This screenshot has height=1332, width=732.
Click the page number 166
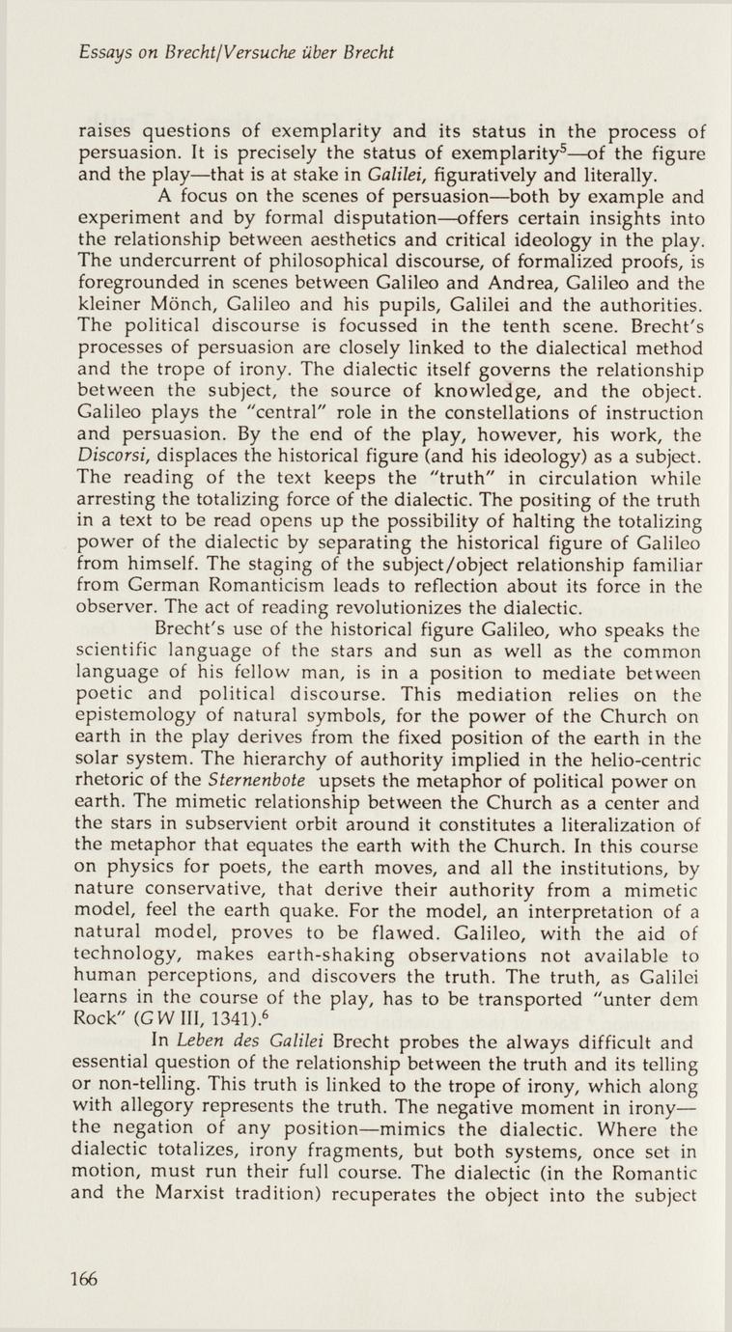click(84, 1280)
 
